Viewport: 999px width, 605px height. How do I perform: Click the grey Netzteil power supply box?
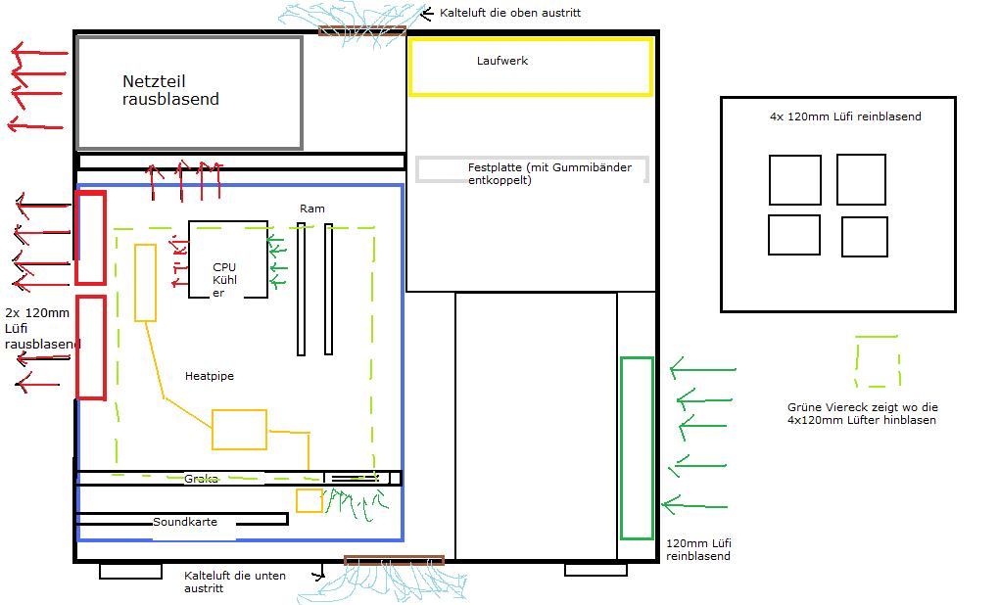pyautogui.click(x=189, y=93)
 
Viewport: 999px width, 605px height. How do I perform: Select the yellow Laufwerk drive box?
pyautogui.click(x=530, y=67)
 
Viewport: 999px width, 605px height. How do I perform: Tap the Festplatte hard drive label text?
pyautogui.click(x=549, y=173)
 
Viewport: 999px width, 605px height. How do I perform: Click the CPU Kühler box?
pyautogui.click(x=227, y=259)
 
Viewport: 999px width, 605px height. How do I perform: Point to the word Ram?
pyautogui.click(x=312, y=209)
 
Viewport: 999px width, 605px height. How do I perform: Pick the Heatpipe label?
pyautogui.click(x=210, y=376)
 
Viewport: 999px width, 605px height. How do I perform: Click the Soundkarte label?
pyautogui.click(x=185, y=522)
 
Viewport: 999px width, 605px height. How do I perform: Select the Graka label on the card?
pyautogui.click(x=201, y=479)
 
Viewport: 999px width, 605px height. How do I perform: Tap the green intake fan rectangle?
pyautogui.click(x=637, y=448)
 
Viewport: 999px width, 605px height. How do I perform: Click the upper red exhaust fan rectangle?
pyautogui.click(x=90, y=239)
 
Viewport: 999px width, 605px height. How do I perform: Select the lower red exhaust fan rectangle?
pyautogui.click(x=91, y=348)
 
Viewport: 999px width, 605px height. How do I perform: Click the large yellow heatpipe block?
pyautogui.click(x=239, y=430)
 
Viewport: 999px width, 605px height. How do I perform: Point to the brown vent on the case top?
pyautogui.click(x=361, y=31)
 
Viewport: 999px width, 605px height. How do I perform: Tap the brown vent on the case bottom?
pyautogui.click(x=394, y=561)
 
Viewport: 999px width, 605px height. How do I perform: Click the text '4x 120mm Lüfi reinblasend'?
pyautogui.click(x=845, y=116)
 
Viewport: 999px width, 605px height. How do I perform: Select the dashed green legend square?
pyautogui.click(x=877, y=361)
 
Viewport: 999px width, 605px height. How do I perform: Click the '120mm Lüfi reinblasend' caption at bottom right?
pyautogui.click(x=698, y=549)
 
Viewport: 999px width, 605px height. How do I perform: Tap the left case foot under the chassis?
pyautogui.click(x=130, y=571)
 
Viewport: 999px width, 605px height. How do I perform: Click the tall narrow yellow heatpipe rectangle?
pyautogui.click(x=145, y=283)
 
